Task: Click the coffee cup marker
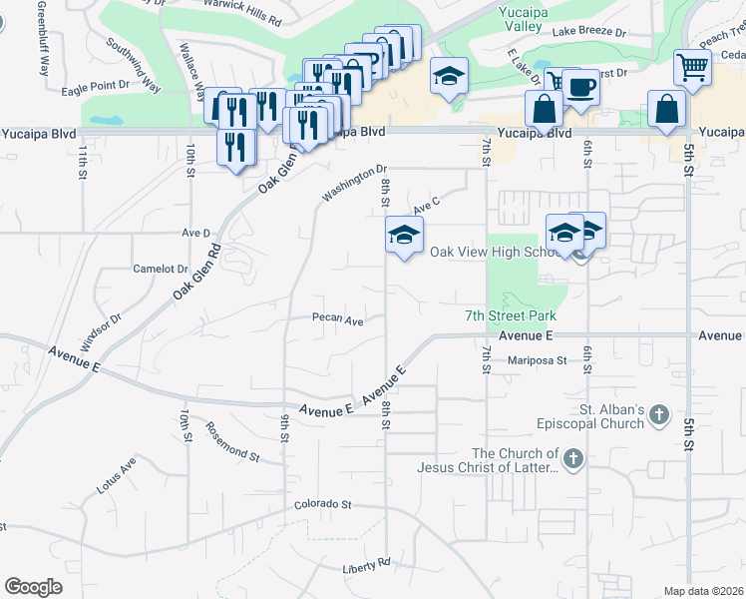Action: [580, 86]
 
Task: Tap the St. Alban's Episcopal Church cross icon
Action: [657, 415]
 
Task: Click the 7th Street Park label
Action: [510, 315]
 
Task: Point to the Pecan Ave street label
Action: [336, 320]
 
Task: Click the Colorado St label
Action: [323, 505]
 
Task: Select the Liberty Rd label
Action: [366, 565]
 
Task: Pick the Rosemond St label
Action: [232, 440]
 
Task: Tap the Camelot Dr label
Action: [161, 269]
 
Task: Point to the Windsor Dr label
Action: [101, 331]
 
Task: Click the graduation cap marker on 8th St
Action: [404, 236]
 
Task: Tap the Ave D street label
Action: [196, 233]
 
